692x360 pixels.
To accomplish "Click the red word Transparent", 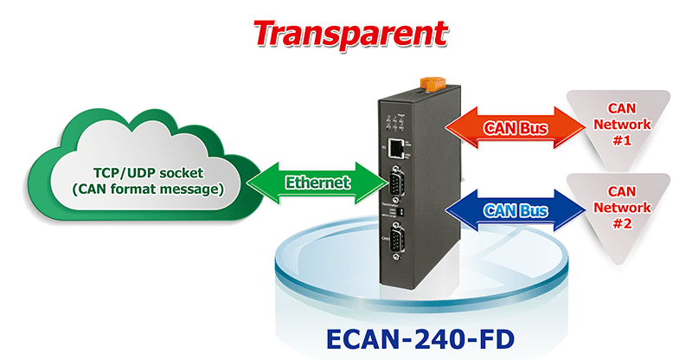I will click(350, 33).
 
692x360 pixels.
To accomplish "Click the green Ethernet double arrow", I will click(317, 183).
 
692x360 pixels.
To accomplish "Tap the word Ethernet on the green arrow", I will click(317, 183).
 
